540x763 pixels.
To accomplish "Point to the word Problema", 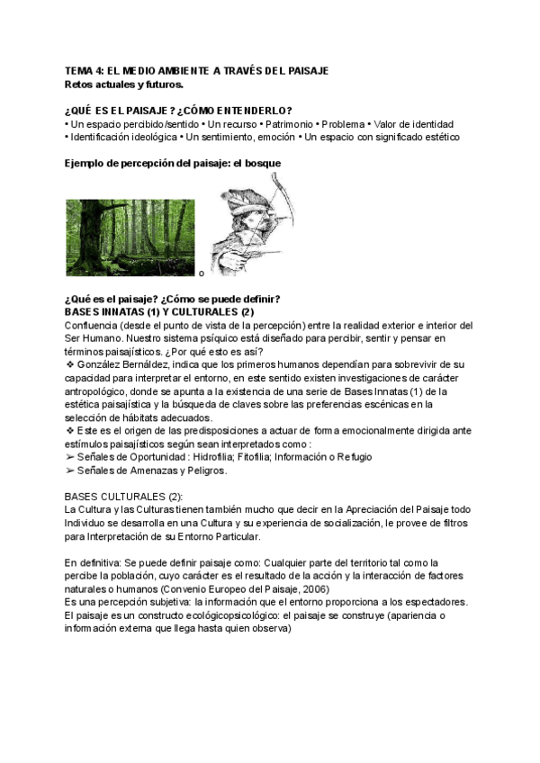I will (x=343, y=124).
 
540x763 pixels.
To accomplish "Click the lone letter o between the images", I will (x=201, y=273).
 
